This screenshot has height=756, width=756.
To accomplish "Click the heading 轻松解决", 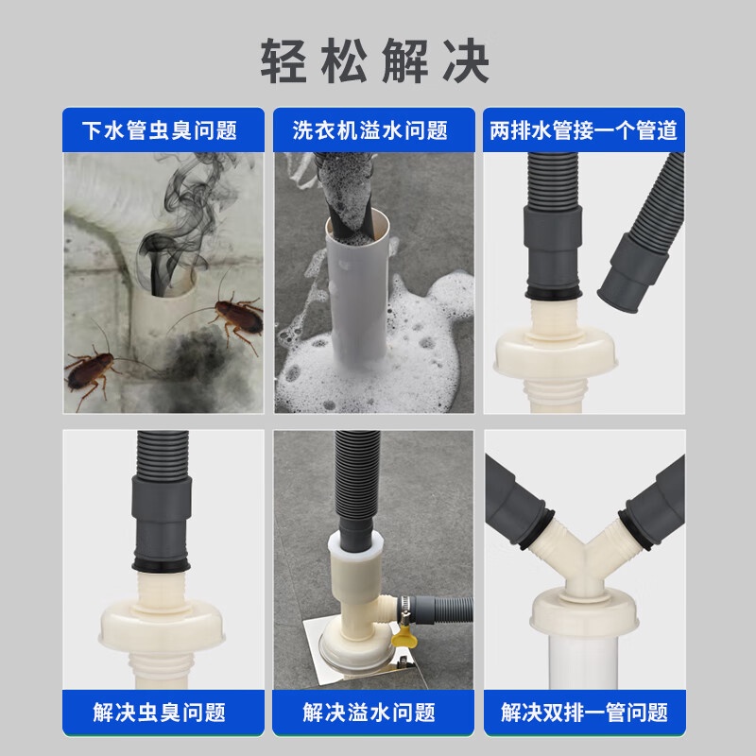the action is [375, 61].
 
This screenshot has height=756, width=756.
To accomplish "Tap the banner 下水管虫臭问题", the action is [160, 130].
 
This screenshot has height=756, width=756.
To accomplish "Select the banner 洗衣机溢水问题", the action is [370, 130].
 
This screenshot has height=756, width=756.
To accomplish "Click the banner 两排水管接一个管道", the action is [583, 130].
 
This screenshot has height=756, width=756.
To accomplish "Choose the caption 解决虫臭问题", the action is [159, 713].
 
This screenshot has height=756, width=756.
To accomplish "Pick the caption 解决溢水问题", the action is [369, 713].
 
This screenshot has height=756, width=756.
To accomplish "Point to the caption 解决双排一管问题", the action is [584, 713].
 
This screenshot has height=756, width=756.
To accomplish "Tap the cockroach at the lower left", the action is [92, 370].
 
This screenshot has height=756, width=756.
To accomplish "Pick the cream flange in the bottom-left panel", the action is [162, 627].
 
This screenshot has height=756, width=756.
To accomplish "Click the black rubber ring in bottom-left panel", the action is [162, 564].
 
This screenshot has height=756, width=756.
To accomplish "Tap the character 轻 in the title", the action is [283, 61].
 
